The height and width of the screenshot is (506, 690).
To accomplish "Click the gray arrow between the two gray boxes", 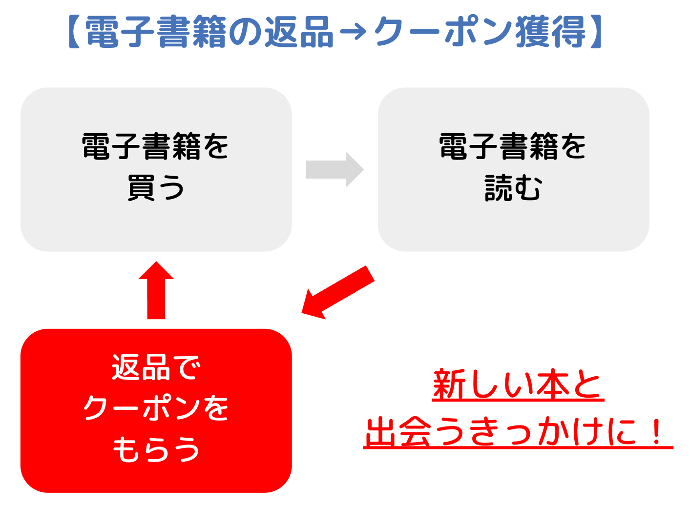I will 335,169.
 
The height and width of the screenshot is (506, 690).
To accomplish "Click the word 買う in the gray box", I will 156,188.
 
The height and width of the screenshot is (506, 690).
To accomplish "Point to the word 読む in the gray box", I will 513,188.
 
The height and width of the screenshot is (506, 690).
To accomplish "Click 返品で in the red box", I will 156,367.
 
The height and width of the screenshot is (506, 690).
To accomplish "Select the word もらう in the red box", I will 156,449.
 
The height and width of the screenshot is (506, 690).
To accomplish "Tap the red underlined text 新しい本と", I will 518,385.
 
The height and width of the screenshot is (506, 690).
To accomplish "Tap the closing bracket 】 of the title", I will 596,32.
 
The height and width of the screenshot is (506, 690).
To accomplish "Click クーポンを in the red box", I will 156,408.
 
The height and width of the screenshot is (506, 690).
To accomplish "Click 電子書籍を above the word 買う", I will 156,146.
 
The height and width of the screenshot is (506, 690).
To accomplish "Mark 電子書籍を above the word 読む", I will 513,146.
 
